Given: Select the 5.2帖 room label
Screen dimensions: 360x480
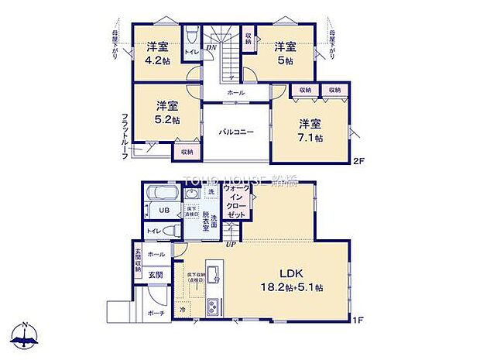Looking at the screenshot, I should pyautogui.click(x=167, y=120).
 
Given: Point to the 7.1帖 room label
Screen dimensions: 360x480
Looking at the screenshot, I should pyautogui.click(x=311, y=137).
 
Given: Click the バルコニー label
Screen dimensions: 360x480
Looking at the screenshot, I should pyautogui.click(x=235, y=132).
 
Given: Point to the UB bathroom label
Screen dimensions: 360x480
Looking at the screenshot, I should pyautogui.click(x=163, y=211).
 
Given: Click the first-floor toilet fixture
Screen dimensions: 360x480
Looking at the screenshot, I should pyautogui.click(x=172, y=230).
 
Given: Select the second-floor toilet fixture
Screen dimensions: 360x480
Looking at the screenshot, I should pyautogui.click(x=190, y=35).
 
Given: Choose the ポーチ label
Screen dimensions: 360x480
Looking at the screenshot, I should pyautogui.click(x=156, y=314).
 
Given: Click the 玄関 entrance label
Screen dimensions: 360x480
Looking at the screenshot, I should pyautogui.click(x=156, y=275).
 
